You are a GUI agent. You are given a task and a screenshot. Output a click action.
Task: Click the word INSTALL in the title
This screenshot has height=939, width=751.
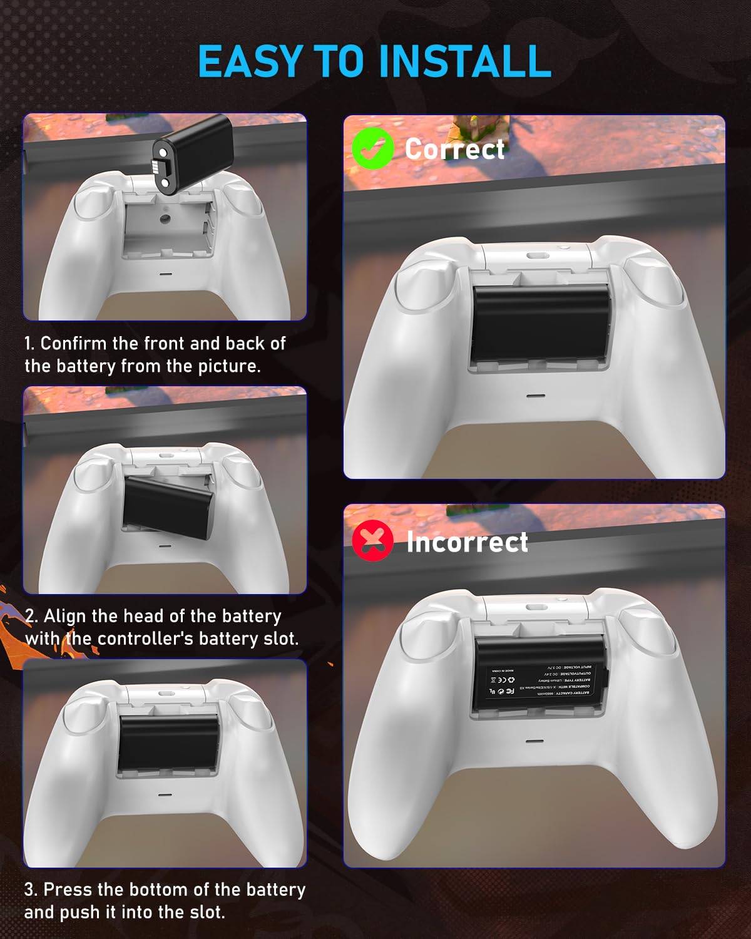pyautogui.click(x=464, y=61)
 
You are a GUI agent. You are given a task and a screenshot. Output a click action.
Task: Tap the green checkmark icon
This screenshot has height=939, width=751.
pyautogui.click(x=372, y=148)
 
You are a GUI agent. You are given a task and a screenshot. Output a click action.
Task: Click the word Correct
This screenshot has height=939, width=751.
pyautogui.click(x=454, y=149)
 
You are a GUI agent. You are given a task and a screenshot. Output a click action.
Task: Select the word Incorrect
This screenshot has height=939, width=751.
pyautogui.click(x=467, y=542)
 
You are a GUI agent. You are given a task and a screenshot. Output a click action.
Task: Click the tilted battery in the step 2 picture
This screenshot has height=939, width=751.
pyautogui.click(x=168, y=506)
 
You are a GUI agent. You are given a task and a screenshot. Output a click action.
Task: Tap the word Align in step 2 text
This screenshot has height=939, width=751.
pyautogui.click(x=65, y=616)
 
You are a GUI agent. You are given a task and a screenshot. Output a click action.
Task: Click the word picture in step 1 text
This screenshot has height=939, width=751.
pyautogui.click(x=226, y=366)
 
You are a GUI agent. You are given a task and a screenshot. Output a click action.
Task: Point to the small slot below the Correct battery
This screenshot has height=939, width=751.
pyautogui.click(x=534, y=396)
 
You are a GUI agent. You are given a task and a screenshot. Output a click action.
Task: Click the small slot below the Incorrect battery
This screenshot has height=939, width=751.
pyautogui.click(x=534, y=741)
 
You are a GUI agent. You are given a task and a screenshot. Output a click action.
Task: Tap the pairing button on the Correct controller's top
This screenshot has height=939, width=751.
pyautogui.click(x=536, y=255)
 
